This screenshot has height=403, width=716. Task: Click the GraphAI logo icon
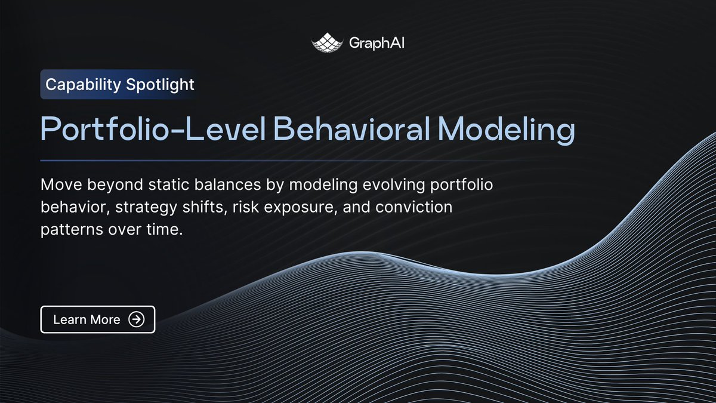[327, 42]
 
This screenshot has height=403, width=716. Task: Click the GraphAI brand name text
[376, 43]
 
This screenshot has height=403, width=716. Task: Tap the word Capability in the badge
[83, 85]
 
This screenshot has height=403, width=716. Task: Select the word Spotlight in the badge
[160, 85]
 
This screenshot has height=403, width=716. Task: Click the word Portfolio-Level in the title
[153, 128]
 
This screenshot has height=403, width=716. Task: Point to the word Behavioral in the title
[351, 128]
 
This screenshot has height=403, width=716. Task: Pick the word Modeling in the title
[507, 130]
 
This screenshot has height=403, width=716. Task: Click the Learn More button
[98, 319]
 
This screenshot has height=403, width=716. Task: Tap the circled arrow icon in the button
[137, 319]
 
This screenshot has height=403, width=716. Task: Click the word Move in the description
[61, 184]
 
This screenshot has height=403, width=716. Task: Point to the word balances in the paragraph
[227, 184]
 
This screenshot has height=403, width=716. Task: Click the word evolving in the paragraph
[394, 185]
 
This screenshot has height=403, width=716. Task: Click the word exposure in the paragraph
[301, 208]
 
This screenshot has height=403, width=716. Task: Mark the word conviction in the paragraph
[414, 207]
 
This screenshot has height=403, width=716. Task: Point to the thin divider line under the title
[281, 161]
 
